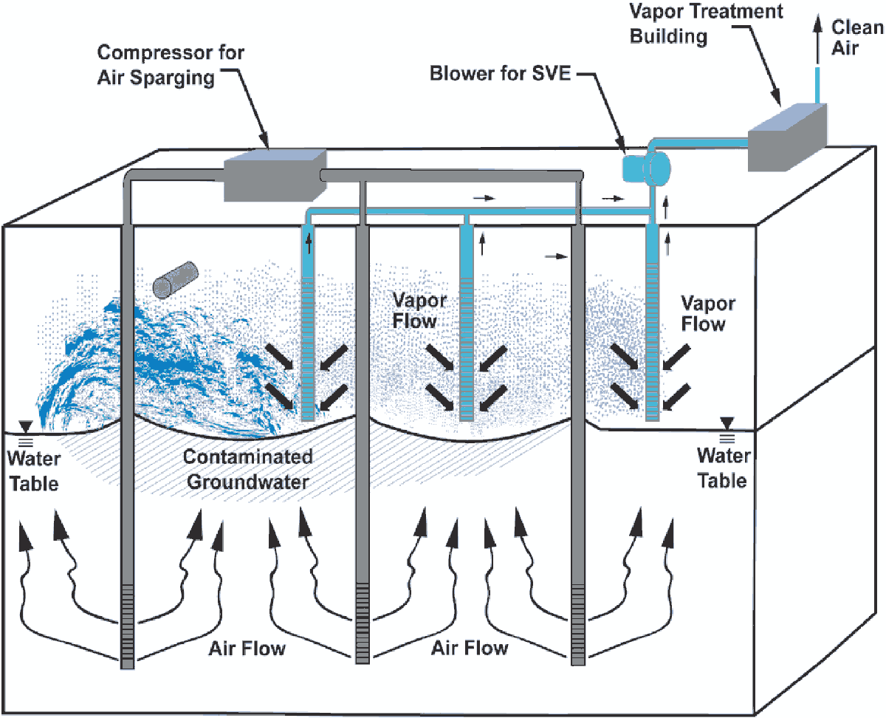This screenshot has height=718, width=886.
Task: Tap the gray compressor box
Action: [274, 176]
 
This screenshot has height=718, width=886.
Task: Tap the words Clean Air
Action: [856, 38]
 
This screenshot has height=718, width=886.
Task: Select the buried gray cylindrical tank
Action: [175, 278]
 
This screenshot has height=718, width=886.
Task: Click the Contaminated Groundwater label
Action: [247, 469]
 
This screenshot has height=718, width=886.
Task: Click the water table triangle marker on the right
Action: [727, 423]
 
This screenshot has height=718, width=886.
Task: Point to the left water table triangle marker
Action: [26, 426]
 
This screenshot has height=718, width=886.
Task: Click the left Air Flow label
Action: [247, 649]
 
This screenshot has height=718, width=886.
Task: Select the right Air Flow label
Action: [470, 648]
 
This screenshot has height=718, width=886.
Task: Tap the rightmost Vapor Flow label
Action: [707, 313]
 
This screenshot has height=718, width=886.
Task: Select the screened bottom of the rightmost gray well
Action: [578, 620]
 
